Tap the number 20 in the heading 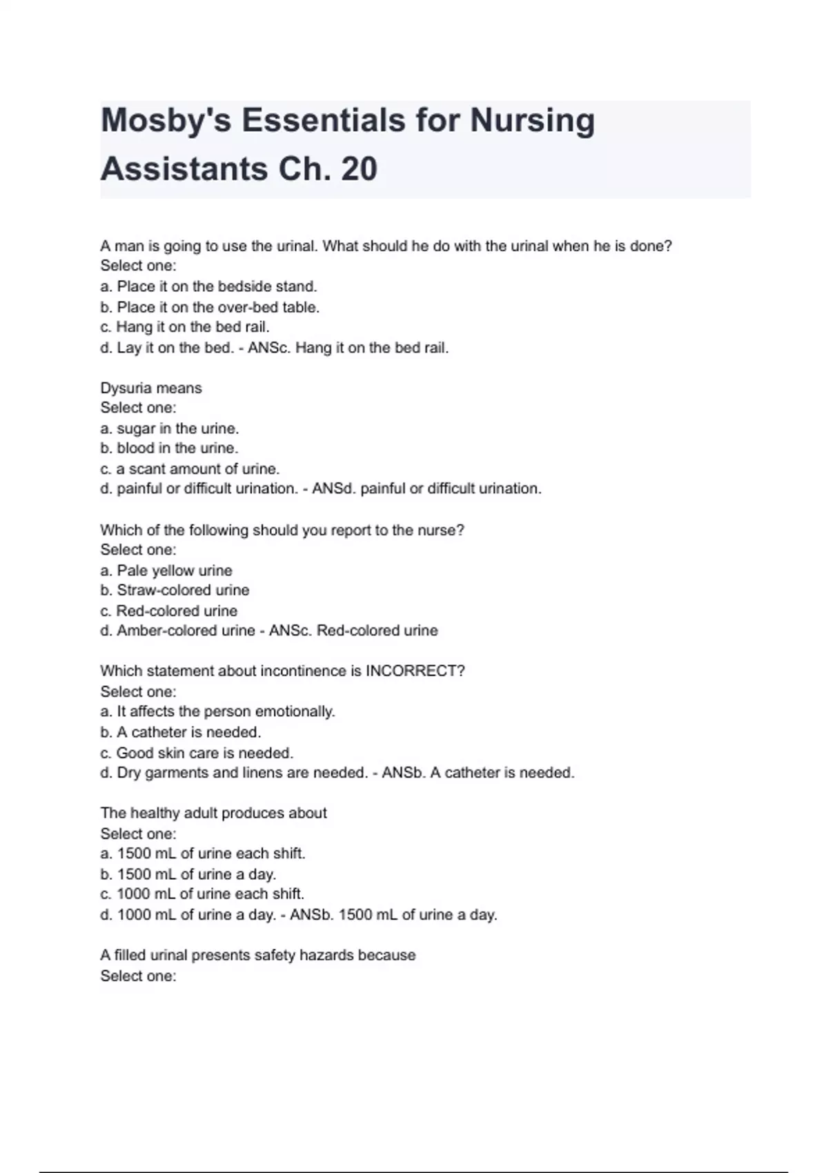(x=359, y=170)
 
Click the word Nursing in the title (x=532, y=121)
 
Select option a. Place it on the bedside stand (x=208, y=286)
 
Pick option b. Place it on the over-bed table (x=210, y=307)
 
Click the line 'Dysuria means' (x=151, y=388)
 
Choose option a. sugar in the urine (x=170, y=428)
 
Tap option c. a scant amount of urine (x=190, y=469)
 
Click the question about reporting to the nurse (x=282, y=530)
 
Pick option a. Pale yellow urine (x=166, y=571)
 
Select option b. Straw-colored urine (x=175, y=591)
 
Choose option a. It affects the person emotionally (x=217, y=711)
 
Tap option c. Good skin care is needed (x=197, y=753)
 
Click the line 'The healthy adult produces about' (x=213, y=813)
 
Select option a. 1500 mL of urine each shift (x=203, y=854)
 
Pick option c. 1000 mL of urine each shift (x=202, y=894)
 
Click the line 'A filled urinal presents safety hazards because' (x=258, y=955)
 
